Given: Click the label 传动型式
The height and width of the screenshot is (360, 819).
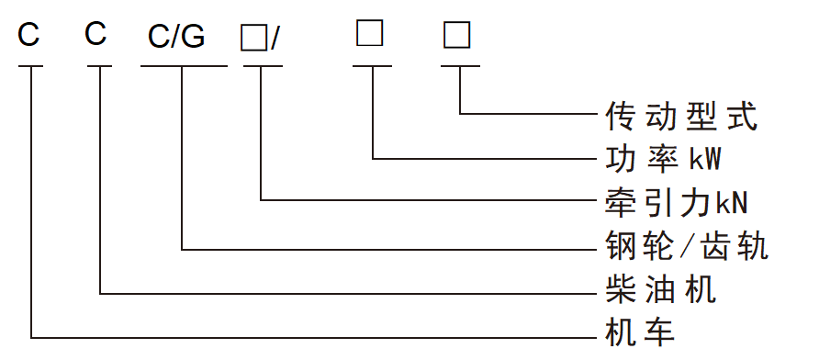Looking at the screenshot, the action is pyautogui.click(x=681, y=116).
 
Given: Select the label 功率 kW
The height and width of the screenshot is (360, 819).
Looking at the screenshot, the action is pyautogui.click(x=663, y=159).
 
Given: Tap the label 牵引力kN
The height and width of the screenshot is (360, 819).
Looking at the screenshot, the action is pyautogui.click(x=677, y=203).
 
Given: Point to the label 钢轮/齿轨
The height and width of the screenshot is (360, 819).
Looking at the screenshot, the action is pyautogui.click(x=687, y=245).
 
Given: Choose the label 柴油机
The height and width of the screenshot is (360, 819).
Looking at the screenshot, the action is pyautogui.click(x=661, y=289).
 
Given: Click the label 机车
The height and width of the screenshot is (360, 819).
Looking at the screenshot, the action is pyautogui.click(x=640, y=332).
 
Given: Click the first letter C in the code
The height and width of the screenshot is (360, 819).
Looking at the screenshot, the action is pyautogui.click(x=28, y=35).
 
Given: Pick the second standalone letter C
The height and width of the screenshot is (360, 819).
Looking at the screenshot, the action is pyautogui.click(x=95, y=34).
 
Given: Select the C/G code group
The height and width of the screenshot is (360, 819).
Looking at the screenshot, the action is pyautogui.click(x=176, y=37).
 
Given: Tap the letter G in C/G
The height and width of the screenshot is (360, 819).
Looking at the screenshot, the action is pyautogui.click(x=193, y=37).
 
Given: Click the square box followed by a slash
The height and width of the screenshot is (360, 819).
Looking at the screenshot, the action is pyautogui.click(x=253, y=39).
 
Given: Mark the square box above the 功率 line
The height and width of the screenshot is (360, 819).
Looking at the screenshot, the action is pyautogui.click(x=370, y=33).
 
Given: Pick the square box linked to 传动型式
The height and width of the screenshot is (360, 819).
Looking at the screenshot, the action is pyautogui.click(x=457, y=35).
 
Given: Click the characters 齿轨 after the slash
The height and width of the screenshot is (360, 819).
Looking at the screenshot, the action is pyautogui.click(x=735, y=245).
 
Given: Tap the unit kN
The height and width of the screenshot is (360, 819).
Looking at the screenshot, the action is pyautogui.click(x=733, y=203).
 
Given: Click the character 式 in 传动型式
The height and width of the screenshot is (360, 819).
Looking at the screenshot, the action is pyautogui.click(x=742, y=116).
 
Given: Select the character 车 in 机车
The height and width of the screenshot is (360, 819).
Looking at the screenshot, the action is pyautogui.click(x=659, y=332).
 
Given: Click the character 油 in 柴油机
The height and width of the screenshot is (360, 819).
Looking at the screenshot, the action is pyautogui.click(x=661, y=289).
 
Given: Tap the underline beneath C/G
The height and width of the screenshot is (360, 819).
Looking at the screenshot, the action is pyautogui.click(x=184, y=66).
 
